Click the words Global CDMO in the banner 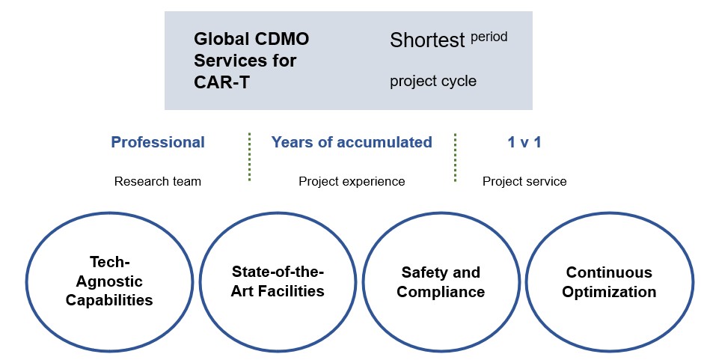[251, 39]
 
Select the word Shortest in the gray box [427, 40]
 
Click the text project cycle [432, 81]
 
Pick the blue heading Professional [158, 142]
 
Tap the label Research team [158, 181]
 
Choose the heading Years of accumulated [352, 142]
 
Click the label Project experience [352, 181]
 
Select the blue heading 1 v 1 [524, 142]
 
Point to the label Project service [524, 181]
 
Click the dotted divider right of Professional [249, 156]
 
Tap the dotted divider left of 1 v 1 [455, 156]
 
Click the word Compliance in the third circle [440, 292]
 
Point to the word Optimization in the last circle [610, 292]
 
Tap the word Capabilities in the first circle [109, 301]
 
